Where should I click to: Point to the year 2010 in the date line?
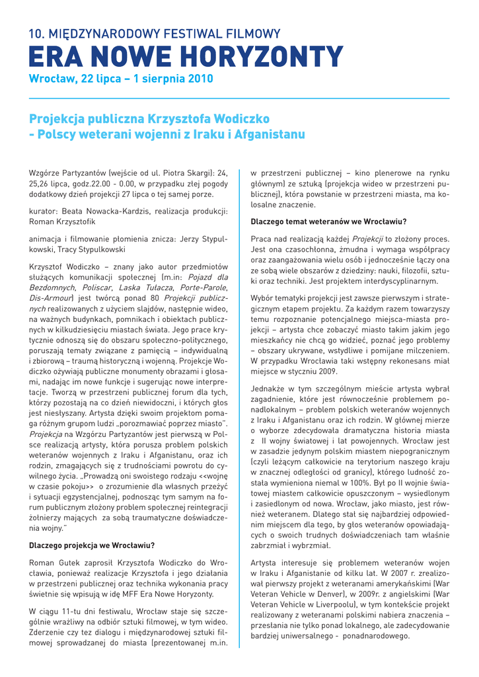tap(202, 79)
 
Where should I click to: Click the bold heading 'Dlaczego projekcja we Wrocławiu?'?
tap(92, 545)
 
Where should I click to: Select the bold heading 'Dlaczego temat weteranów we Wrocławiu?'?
tap(328, 221)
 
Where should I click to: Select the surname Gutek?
tap(66, 563)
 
